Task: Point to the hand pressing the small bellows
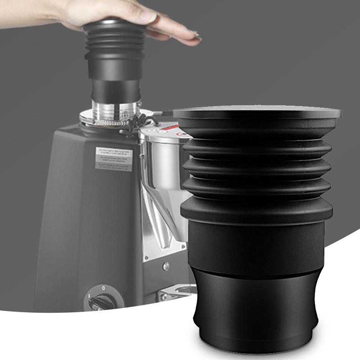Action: coord(135,18)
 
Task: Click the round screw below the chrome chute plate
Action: coord(166,266)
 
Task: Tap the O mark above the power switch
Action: coord(104,287)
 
